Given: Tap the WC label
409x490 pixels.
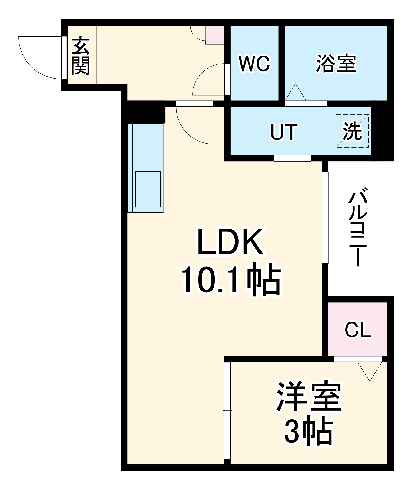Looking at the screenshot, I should coord(254,63).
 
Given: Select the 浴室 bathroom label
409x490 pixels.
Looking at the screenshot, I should coord(336,63).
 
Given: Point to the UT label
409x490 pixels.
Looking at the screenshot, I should coord(284,132).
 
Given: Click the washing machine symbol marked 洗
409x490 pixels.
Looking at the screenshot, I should coord(352,131).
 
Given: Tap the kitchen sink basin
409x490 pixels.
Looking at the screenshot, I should coord(148,189).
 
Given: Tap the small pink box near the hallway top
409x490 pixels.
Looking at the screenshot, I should coord(215,35).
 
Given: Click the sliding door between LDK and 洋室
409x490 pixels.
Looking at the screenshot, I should coord(227,410).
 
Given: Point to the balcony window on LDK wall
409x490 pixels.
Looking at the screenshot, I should coord(325,217).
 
